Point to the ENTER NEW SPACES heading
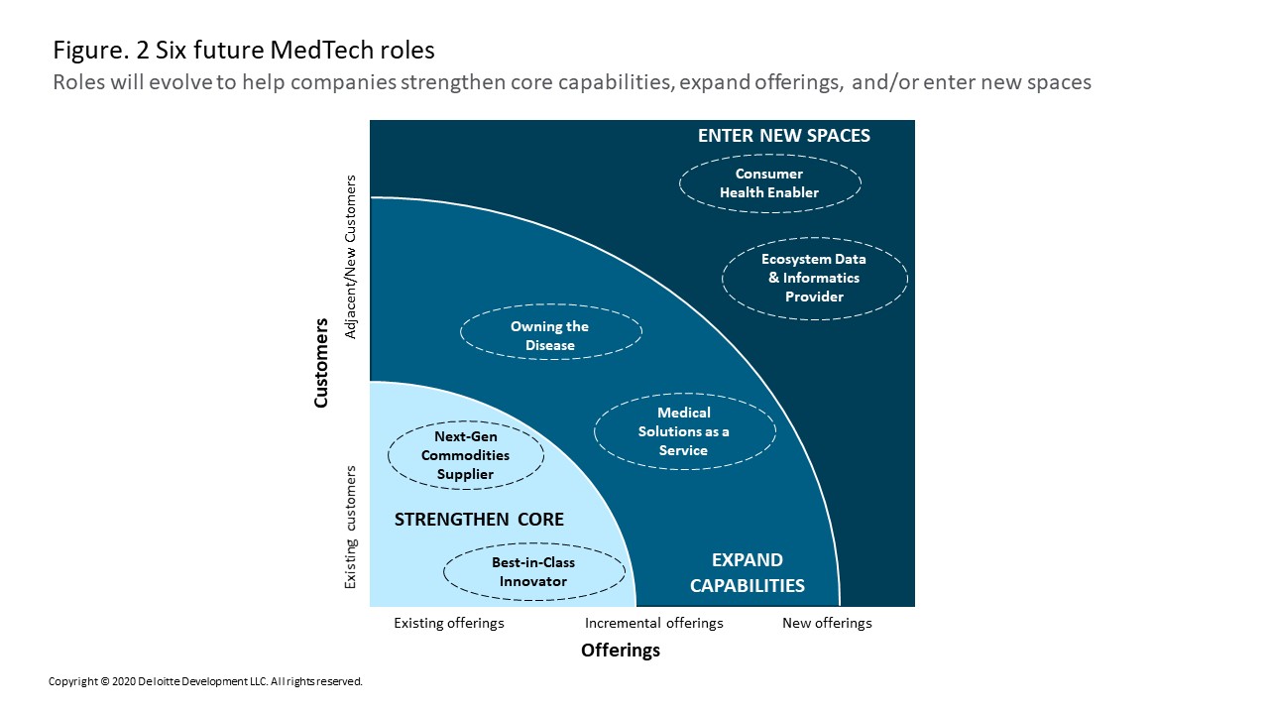tap(783, 136)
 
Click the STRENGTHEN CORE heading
tap(479, 519)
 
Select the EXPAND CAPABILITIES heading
tap(748, 572)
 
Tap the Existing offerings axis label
tap(449, 623)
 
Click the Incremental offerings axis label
tap(653, 623)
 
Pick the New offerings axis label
tap(827, 623)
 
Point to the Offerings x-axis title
tap(621, 650)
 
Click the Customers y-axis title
tap(320, 363)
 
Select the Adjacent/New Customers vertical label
tap(351, 257)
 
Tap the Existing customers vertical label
tap(351, 527)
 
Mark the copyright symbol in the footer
tap(105, 681)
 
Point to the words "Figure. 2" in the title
tap(101, 51)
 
